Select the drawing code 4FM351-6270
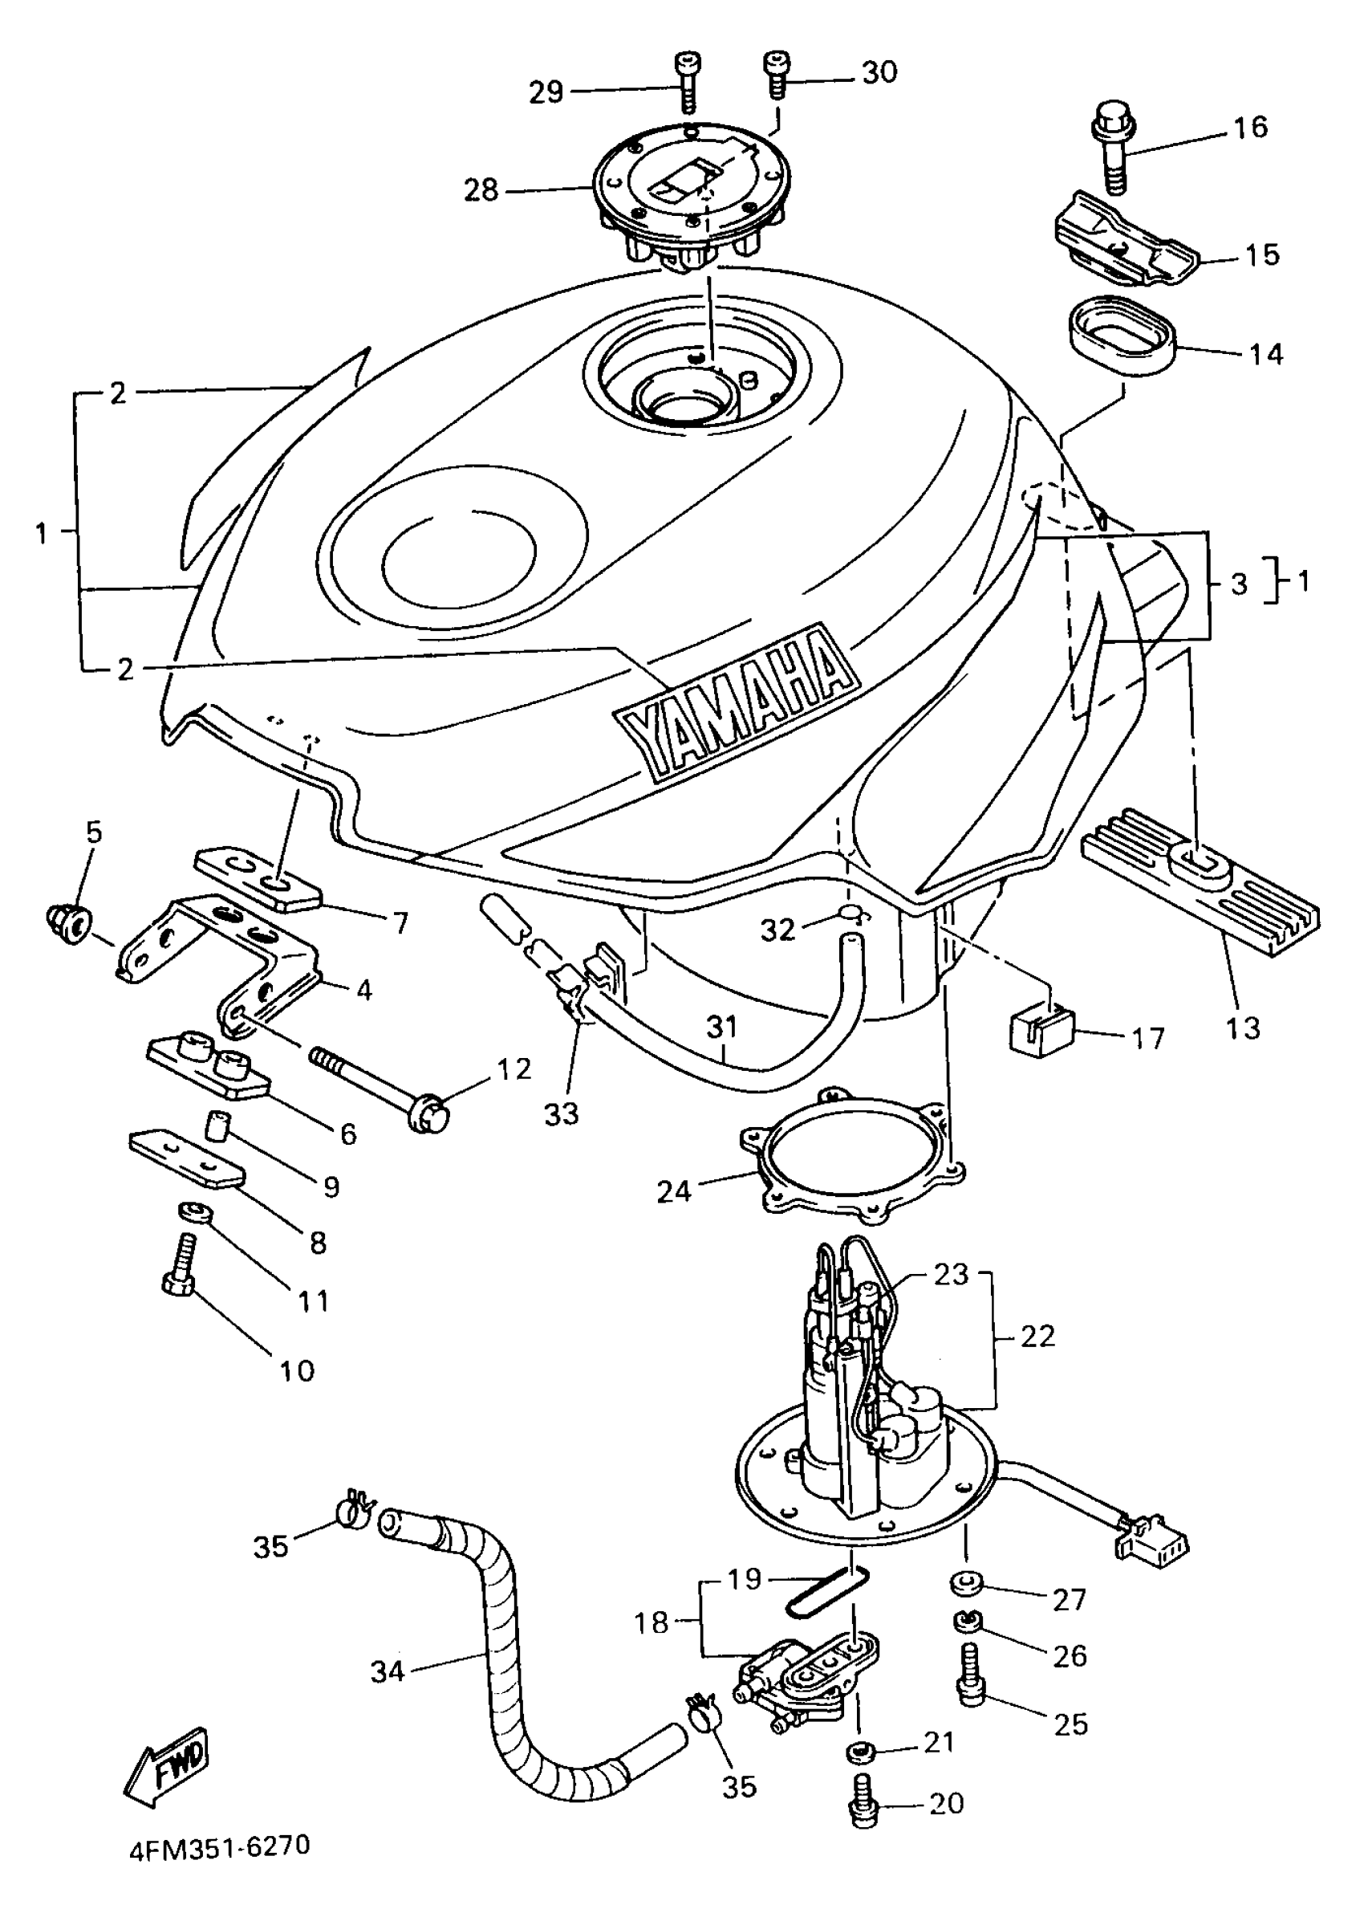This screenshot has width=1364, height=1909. click(220, 1846)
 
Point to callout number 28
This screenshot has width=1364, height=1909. click(481, 191)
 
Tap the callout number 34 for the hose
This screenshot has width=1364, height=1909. click(388, 1673)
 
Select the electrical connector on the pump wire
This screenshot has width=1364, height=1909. click(1151, 1542)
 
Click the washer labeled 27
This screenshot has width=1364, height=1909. click(967, 1583)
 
